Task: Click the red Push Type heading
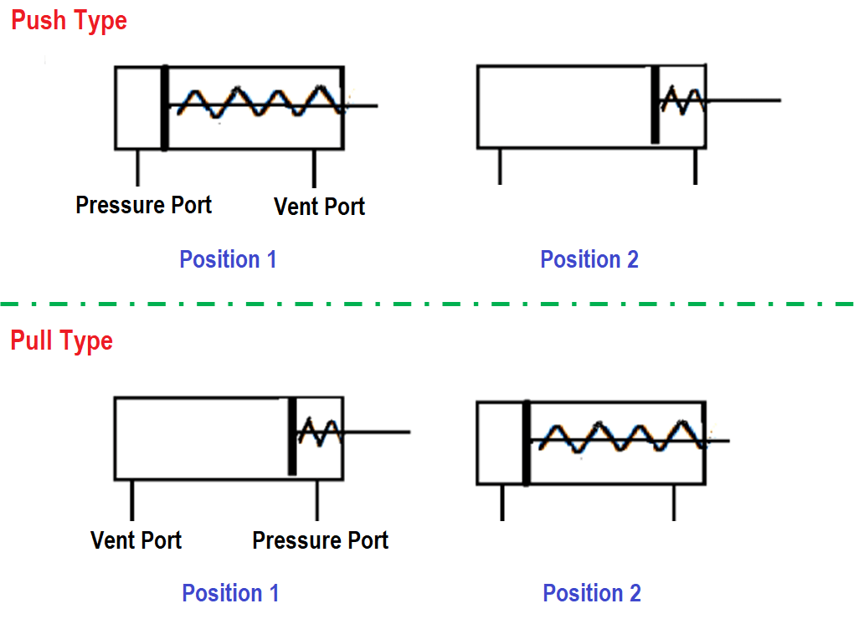pos(69,20)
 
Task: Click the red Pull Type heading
pos(61,340)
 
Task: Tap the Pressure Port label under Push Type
pos(143,205)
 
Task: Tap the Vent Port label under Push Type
pos(319,207)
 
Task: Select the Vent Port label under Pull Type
pos(136,540)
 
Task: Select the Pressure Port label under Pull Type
pos(320,540)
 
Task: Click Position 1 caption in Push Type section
pos(228,259)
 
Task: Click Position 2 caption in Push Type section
pos(589,259)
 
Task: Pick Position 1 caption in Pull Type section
pos(230,593)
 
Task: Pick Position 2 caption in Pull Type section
pos(592,593)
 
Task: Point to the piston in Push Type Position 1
pos(164,108)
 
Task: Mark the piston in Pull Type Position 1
pos(292,437)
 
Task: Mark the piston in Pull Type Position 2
pos(526,442)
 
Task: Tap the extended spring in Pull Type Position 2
pos(620,437)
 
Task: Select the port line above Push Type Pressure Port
pos(137,167)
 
